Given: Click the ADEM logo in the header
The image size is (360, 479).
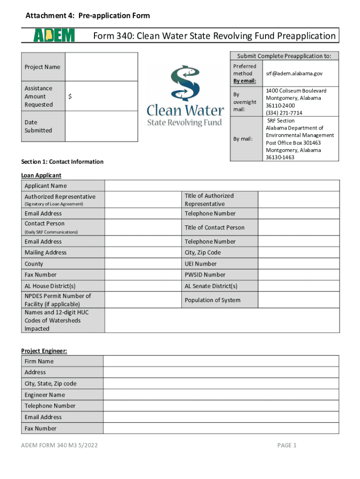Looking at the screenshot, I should [x=54, y=36].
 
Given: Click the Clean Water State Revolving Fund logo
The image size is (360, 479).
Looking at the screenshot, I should [x=186, y=96].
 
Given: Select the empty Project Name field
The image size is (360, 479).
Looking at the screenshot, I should [x=101, y=67].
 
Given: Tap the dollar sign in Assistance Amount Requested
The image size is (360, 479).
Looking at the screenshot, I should [x=70, y=96].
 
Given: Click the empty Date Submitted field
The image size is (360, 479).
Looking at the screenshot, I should [x=101, y=126].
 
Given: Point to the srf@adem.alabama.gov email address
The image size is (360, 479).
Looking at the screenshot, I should [x=294, y=73].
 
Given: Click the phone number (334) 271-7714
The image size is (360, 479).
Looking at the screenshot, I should [x=284, y=113].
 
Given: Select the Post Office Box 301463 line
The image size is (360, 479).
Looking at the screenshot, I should [x=300, y=143].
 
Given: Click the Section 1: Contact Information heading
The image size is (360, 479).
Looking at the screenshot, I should [x=62, y=162].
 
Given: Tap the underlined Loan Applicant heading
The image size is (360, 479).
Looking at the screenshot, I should [x=41, y=175].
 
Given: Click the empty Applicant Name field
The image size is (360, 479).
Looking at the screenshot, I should [x=222, y=186].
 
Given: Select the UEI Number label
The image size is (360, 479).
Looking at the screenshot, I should [x=201, y=264].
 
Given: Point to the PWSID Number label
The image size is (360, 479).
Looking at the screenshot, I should [x=205, y=275].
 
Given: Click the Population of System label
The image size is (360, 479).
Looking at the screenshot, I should [x=212, y=300].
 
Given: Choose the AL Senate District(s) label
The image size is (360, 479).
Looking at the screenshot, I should [x=211, y=286].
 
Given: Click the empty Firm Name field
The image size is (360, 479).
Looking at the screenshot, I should [x=221, y=361].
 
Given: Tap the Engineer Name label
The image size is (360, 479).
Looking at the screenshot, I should [x=45, y=395].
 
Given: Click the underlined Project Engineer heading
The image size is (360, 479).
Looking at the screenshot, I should [x=44, y=351].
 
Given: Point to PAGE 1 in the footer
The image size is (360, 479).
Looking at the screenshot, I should [x=287, y=445].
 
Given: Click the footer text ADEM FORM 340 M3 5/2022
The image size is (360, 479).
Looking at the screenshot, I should [x=59, y=445].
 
